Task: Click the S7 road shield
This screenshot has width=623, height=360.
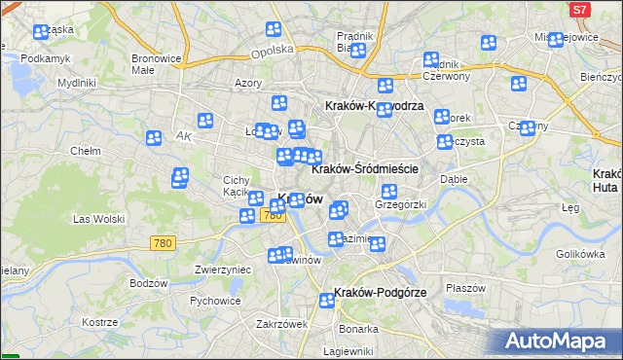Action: (x=579, y=10)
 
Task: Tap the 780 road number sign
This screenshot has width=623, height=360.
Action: (x=163, y=242)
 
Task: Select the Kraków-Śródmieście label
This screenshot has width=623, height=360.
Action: (x=364, y=168)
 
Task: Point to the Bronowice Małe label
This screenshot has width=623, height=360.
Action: (x=156, y=63)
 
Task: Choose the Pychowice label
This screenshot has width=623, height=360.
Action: (x=215, y=301)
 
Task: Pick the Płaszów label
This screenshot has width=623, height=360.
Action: (x=464, y=288)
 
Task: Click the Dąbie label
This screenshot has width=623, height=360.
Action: (x=454, y=179)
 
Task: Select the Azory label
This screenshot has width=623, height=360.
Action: (x=247, y=84)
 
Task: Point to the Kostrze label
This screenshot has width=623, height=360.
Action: (x=99, y=321)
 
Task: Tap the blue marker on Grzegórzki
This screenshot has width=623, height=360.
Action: (x=388, y=191)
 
